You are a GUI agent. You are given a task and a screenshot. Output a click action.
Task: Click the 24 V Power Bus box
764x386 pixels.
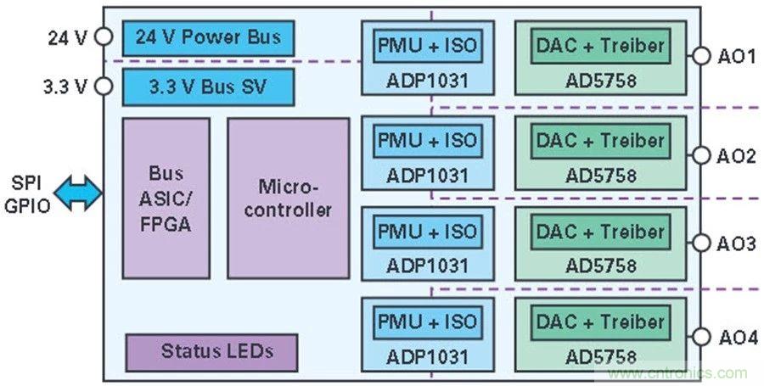[208, 38]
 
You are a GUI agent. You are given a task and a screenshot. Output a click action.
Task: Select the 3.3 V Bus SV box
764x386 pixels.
[208, 87]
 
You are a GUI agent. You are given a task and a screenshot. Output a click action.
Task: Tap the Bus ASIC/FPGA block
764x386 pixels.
[166, 198]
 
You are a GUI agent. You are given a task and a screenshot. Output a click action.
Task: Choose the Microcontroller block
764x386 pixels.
[288, 198]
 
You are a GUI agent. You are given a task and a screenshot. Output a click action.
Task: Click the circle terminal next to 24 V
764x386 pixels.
[104, 36]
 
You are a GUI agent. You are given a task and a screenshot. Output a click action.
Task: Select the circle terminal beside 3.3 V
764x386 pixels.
[104, 86]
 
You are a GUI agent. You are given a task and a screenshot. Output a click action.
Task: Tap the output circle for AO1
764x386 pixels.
[700, 57]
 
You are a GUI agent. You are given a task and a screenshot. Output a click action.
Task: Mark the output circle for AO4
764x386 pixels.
[700, 336]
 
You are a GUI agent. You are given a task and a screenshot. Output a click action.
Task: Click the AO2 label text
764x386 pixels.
[736, 156]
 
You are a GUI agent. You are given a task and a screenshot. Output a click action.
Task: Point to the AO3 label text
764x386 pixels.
[736, 244]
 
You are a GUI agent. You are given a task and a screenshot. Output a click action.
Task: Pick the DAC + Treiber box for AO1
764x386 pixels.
[600, 46]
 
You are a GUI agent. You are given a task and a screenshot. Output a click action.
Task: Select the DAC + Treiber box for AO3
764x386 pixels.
[600, 232]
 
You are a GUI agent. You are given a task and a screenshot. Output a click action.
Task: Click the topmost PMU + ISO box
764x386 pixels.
[428, 46]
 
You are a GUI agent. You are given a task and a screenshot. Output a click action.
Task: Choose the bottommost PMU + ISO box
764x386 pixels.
[428, 322]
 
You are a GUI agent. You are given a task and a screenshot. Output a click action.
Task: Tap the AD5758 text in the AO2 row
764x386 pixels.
[600, 175]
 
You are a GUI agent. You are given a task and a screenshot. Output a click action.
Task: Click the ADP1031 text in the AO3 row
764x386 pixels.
[427, 266]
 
